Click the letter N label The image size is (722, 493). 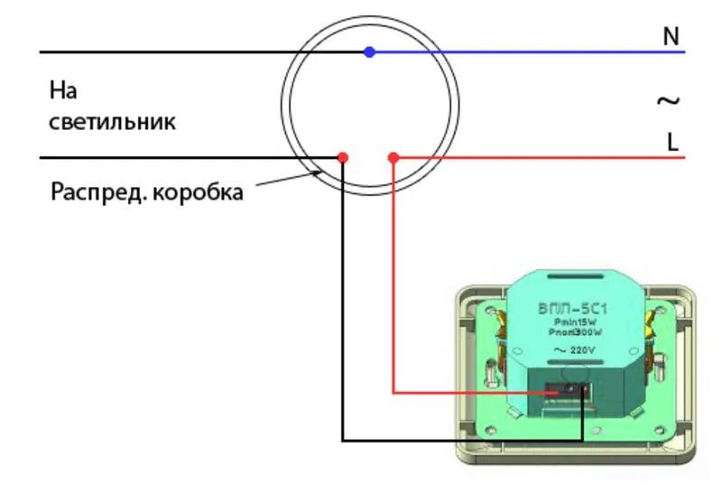coord(671,36)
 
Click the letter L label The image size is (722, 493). coord(672,142)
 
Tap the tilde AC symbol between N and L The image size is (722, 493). coord(667,100)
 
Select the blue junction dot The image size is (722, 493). coord(369,51)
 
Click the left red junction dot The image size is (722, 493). coord(342,157)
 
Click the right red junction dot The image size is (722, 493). coord(393,157)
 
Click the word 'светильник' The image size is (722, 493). coord(112,122)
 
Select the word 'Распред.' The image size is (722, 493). coord(95,192)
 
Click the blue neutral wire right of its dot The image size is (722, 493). coord(523,51)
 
